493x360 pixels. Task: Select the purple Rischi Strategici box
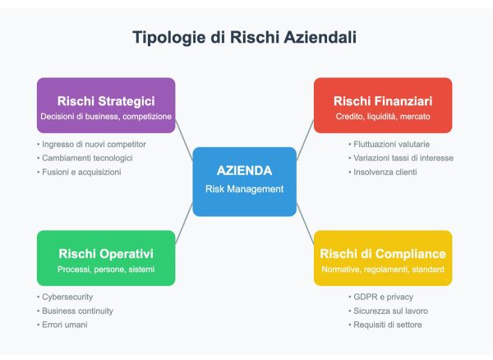pyautogui.click(x=106, y=105)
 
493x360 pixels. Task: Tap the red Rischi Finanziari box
pyautogui.click(x=383, y=105)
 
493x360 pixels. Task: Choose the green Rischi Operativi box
pyautogui.click(x=106, y=258)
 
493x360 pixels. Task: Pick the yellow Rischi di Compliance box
pyautogui.click(x=383, y=258)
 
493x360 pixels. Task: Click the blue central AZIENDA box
pyautogui.click(x=244, y=182)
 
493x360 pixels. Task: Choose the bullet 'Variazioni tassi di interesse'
pyautogui.click(x=399, y=158)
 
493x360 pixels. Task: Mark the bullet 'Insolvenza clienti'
pyautogui.click(x=385, y=172)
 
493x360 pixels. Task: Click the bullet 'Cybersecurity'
pyautogui.click(x=67, y=297)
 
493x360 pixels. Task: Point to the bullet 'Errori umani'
pyautogui.click(x=64, y=325)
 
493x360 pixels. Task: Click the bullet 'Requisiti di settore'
pyautogui.click(x=385, y=325)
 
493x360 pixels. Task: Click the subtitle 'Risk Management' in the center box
pyautogui.click(x=244, y=189)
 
